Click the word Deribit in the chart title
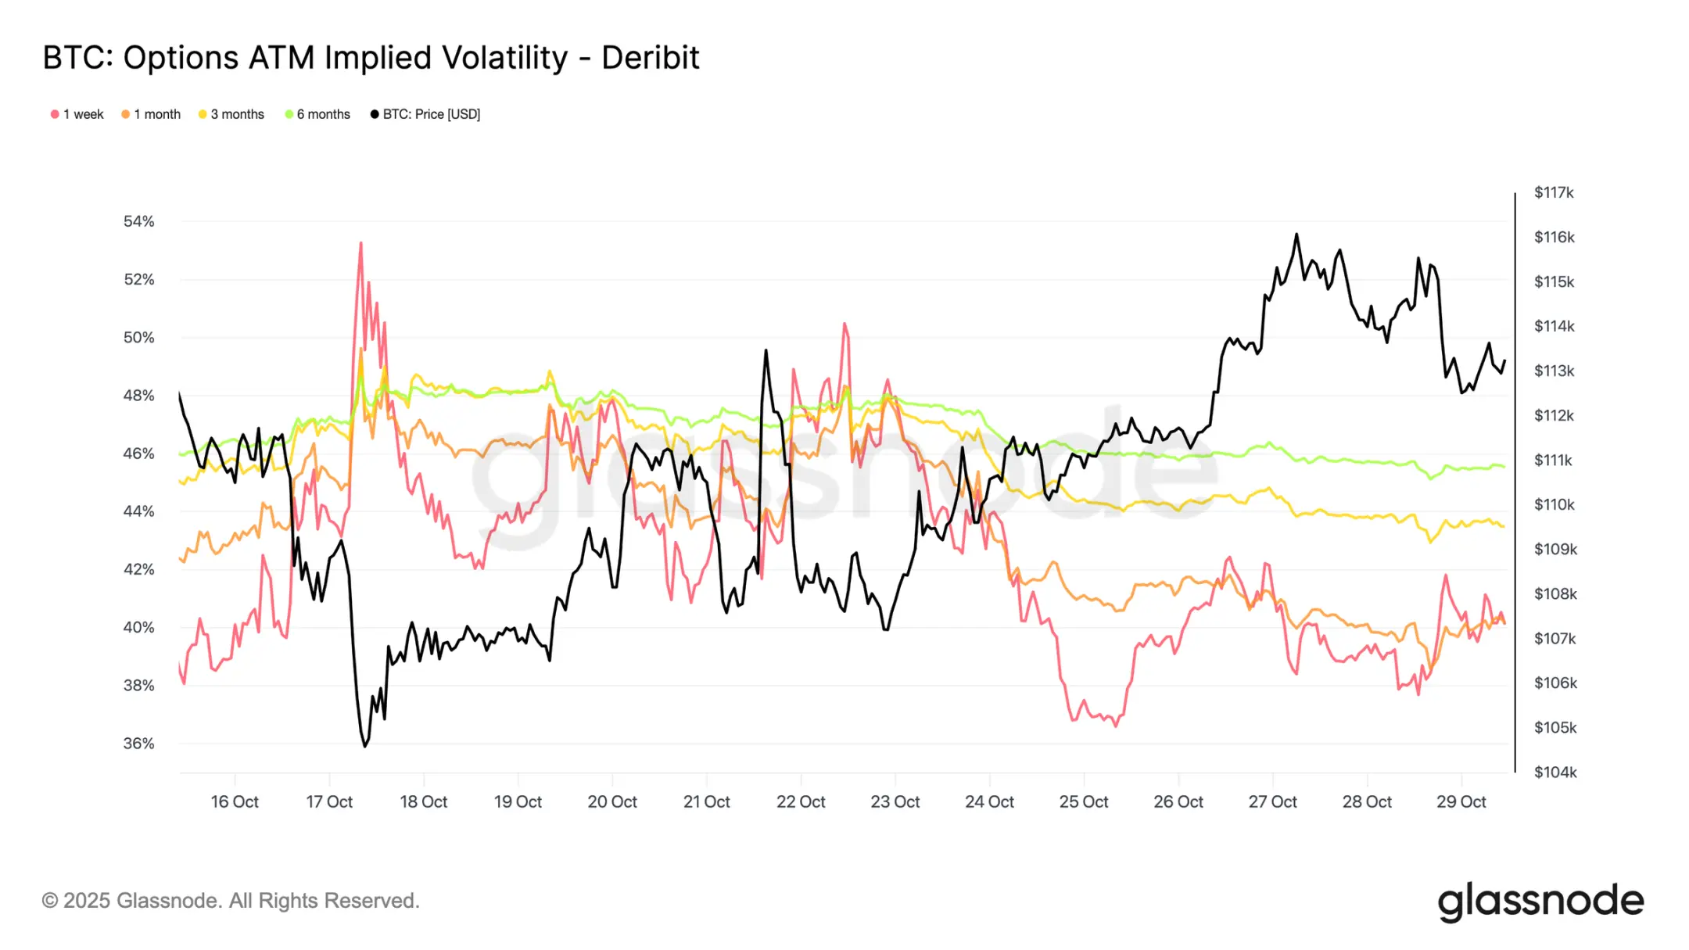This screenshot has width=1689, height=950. click(x=650, y=58)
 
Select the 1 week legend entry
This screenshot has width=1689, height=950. click(x=77, y=114)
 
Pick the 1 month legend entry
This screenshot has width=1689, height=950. click(x=151, y=114)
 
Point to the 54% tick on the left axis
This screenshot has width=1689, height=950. click(x=139, y=221)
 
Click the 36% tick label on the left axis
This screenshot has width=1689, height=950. click(x=139, y=744)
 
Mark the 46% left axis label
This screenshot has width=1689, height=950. click(x=139, y=453)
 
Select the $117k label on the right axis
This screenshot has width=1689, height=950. click(x=1554, y=192)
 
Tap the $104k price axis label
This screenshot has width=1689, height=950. click(x=1555, y=773)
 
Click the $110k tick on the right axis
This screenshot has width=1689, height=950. click(x=1555, y=504)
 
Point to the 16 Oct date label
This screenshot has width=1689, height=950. click(x=235, y=801)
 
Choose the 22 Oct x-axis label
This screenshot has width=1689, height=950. click(x=801, y=801)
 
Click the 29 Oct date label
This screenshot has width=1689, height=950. click(x=1461, y=801)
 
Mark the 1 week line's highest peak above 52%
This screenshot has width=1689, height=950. click(x=360, y=243)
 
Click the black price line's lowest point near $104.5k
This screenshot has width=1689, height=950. click(x=364, y=746)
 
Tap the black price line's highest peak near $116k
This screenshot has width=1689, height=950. click(x=1296, y=234)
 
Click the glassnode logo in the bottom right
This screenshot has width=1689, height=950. click(x=1540, y=902)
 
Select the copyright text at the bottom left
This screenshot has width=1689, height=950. click(x=231, y=901)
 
